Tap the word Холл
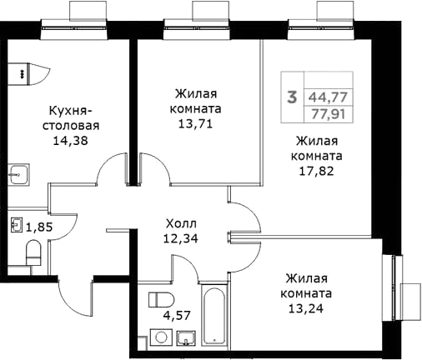coord(182,222)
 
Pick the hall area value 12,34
coord(182,238)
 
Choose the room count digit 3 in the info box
coord(292,97)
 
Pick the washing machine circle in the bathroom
coord(158,337)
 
